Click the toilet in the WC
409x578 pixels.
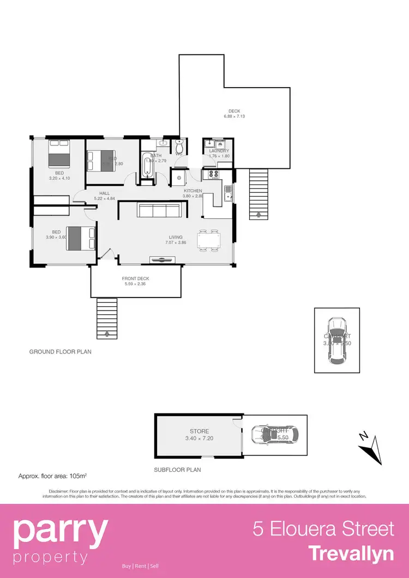tap(179, 148)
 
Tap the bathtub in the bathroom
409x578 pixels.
tap(146, 165)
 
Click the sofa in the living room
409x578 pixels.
tap(160, 210)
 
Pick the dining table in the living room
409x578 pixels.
tap(210, 240)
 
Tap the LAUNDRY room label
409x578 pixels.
tap(219, 151)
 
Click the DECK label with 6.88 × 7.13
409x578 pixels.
tap(234, 111)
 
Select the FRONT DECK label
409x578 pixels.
tap(135, 278)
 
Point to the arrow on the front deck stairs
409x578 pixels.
tap(106, 333)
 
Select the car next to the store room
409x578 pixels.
tap(275, 434)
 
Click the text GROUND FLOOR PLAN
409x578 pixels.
tap(60, 352)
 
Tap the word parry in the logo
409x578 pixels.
tap(61, 531)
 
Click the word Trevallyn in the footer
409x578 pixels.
tap(351, 553)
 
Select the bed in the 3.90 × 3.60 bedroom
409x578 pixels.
tap(82, 238)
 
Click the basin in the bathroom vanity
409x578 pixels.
tap(163, 143)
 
